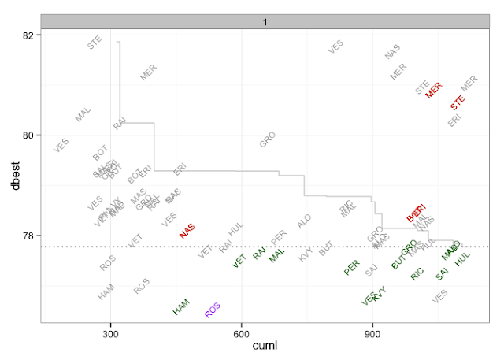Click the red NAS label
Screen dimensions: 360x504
[187, 230]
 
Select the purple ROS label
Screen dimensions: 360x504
[213, 310]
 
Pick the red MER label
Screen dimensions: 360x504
[434, 90]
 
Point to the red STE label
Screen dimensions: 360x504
[458, 102]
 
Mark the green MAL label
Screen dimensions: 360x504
[276, 255]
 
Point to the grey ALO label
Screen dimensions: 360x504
[304, 221]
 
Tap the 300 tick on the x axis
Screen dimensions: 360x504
[110, 333]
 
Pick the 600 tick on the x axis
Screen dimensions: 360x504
[242, 333]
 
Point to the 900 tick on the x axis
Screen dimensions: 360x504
[372, 333]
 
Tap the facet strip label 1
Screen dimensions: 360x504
[265, 21]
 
